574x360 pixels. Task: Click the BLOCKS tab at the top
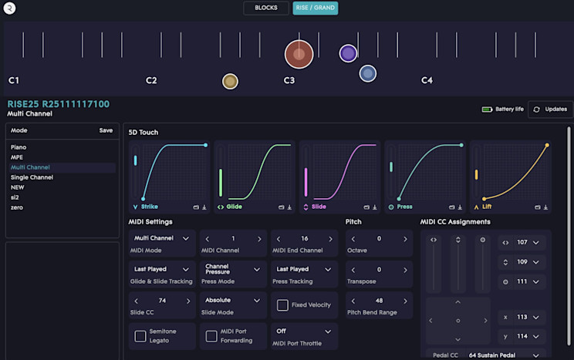click(266, 8)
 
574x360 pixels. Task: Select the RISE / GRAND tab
click(315, 8)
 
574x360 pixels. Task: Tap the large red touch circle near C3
click(299, 54)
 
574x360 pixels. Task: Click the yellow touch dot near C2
click(230, 81)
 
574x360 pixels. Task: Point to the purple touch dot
click(348, 53)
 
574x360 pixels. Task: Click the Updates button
click(549, 109)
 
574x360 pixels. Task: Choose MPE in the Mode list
click(17, 156)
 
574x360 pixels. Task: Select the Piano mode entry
click(19, 146)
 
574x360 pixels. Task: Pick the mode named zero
click(17, 207)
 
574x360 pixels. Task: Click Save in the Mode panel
click(106, 130)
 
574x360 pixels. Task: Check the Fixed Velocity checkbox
click(283, 305)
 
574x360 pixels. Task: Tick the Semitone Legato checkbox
click(140, 336)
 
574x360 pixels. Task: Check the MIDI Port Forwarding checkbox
click(211, 336)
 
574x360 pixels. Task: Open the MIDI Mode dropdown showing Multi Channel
click(161, 239)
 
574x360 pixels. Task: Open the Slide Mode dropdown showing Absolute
click(233, 301)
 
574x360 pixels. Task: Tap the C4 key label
click(427, 80)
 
